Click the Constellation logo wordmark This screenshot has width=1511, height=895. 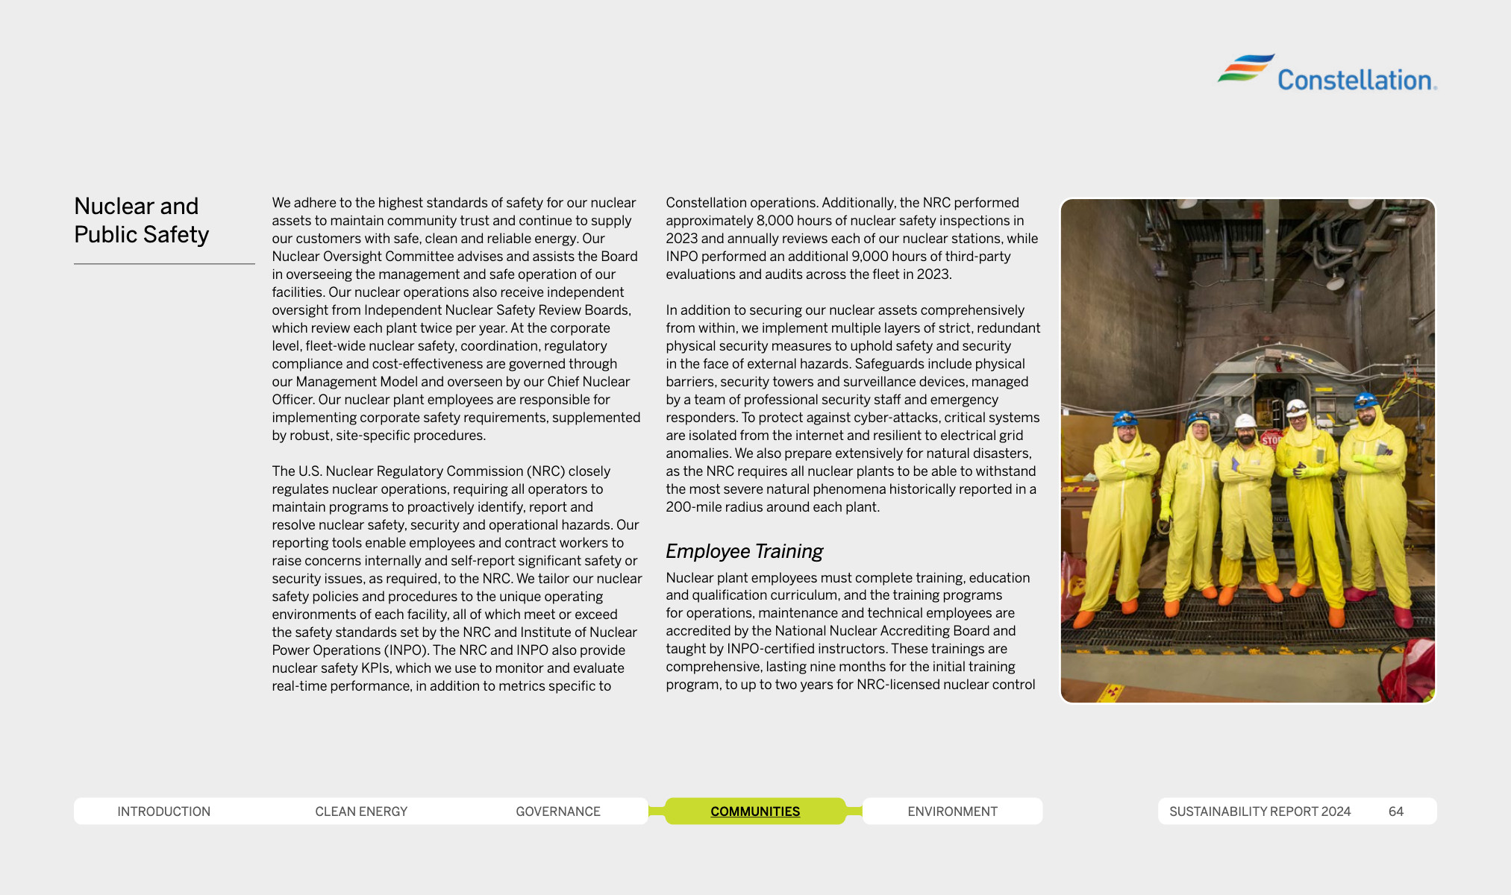(x=1354, y=80)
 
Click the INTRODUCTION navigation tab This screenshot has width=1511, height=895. (x=163, y=811)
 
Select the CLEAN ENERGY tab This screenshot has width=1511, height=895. (x=361, y=811)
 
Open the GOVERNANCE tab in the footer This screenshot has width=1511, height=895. (x=557, y=811)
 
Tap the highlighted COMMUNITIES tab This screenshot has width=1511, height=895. (x=754, y=811)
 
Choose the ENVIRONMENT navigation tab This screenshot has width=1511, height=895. (x=952, y=811)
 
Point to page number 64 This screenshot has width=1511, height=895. (x=1395, y=811)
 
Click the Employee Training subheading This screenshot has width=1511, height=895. (x=744, y=551)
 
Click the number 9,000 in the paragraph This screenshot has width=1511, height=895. (x=869, y=257)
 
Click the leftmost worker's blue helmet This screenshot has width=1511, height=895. (x=1124, y=418)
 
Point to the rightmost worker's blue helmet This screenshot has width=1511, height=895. (x=1365, y=401)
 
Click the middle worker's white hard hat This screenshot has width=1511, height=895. (x=1245, y=421)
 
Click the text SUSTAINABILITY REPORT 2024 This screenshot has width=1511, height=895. (x=1260, y=811)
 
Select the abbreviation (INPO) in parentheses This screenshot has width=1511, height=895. (x=405, y=650)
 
